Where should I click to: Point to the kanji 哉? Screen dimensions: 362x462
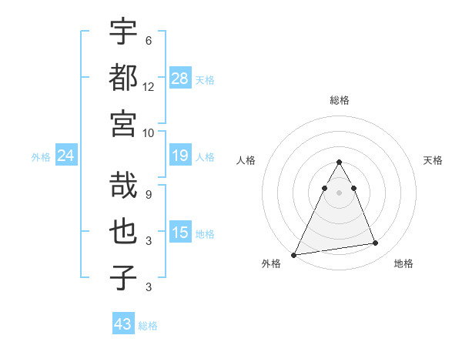[x=123, y=185]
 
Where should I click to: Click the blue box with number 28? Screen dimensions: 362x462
[x=180, y=78]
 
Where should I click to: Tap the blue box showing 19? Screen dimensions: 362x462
[x=180, y=156]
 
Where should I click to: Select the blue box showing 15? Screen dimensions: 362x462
[x=180, y=233]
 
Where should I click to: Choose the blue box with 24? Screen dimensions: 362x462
[x=66, y=156]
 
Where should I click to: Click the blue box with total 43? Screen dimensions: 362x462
[x=123, y=324]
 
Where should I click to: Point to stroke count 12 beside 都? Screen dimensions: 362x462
[x=149, y=86]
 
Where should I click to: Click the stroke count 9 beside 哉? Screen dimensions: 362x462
[x=149, y=195]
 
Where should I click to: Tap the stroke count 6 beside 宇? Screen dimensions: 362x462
[x=148, y=41]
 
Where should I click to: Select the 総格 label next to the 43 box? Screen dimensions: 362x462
[x=149, y=326]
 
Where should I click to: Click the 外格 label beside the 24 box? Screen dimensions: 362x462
[x=41, y=157]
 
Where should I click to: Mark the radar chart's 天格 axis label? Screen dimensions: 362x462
[x=433, y=160]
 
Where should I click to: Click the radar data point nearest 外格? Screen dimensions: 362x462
[x=293, y=255]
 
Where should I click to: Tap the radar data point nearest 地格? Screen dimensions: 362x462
[x=376, y=243]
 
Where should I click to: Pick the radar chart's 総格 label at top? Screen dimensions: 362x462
[x=340, y=100]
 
